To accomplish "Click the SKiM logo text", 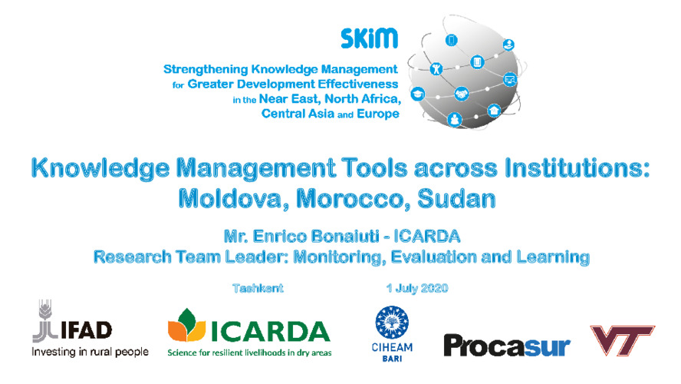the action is pyautogui.click(x=369, y=38).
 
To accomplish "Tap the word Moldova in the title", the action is pyautogui.click(x=230, y=199).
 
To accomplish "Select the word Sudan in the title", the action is pyautogui.click(x=456, y=199).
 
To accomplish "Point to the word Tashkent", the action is pyautogui.click(x=258, y=288).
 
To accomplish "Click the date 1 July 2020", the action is pyautogui.click(x=417, y=288).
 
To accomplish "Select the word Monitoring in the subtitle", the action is pyautogui.click(x=339, y=257).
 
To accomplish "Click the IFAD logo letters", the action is pyautogui.click(x=87, y=330).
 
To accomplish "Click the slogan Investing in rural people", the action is pyautogui.click(x=90, y=352).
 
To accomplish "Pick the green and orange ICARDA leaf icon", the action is pyautogui.click(x=186, y=325).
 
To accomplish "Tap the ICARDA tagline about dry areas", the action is pyautogui.click(x=249, y=353).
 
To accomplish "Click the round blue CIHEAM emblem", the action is pyautogui.click(x=392, y=323).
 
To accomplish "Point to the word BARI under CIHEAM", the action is pyautogui.click(x=392, y=359).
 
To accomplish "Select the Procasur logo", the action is pyautogui.click(x=507, y=346).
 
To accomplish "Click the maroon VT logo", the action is pyautogui.click(x=622, y=339).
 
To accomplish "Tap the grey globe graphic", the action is pyautogui.click(x=465, y=73).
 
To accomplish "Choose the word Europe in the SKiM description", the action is pyautogui.click(x=378, y=114).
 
